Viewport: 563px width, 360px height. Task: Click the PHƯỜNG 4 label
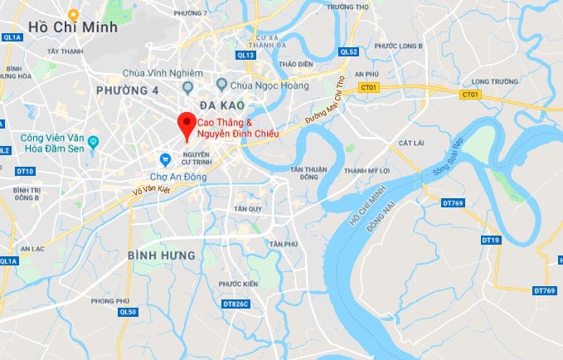(x=127, y=90)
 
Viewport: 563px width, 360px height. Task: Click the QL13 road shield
(x=245, y=56)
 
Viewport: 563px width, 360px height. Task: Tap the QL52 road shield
(x=348, y=51)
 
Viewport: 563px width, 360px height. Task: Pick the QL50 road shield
(x=127, y=312)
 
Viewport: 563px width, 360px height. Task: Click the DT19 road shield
(x=491, y=240)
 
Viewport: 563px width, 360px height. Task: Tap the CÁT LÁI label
(x=411, y=144)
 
